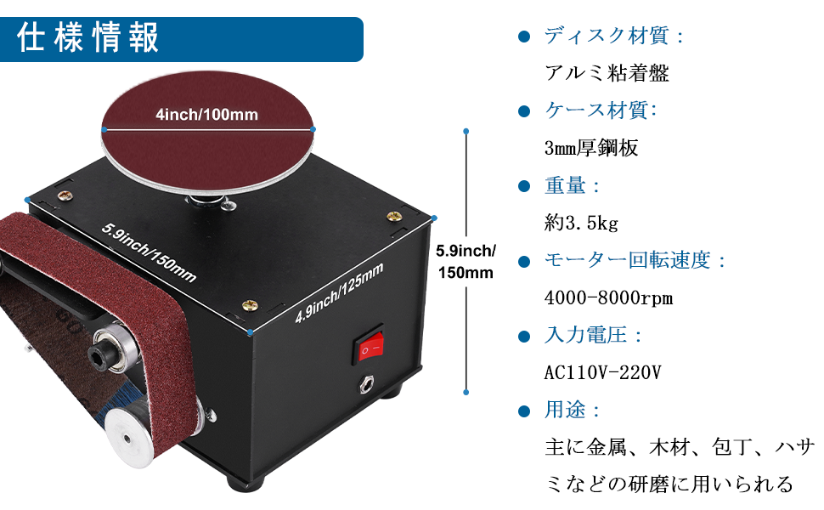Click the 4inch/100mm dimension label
tap(206, 115)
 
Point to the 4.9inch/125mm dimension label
tap(339, 293)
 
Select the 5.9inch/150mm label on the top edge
tap(149, 252)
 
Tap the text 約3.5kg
tap(581, 224)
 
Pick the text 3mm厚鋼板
tap(590, 149)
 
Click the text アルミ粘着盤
tap(607, 73)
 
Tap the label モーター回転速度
tap(635, 260)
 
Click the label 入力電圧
tap(593, 335)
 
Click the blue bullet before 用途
tap(524, 411)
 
